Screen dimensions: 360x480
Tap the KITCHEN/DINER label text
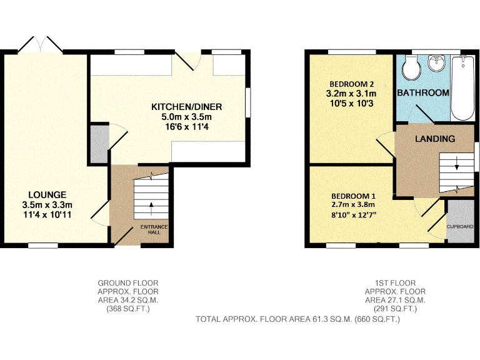[x=186, y=107]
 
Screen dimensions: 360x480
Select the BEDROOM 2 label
[x=351, y=84]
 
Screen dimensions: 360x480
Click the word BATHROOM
[x=423, y=92]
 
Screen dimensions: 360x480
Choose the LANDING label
[x=435, y=138]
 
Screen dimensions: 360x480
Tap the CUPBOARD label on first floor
[x=459, y=226]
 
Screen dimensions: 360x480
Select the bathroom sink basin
[x=436, y=63]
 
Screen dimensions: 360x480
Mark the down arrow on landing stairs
[x=456, y=167]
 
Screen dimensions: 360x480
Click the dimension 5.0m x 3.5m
[x=186, y=117]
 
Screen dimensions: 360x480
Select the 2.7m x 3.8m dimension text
[x=352, y=204]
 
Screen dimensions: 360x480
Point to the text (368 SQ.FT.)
[x=128, y=309]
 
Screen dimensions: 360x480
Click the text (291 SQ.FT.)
[x=395, y=309]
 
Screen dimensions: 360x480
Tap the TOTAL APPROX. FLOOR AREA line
[x=297, y=319]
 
